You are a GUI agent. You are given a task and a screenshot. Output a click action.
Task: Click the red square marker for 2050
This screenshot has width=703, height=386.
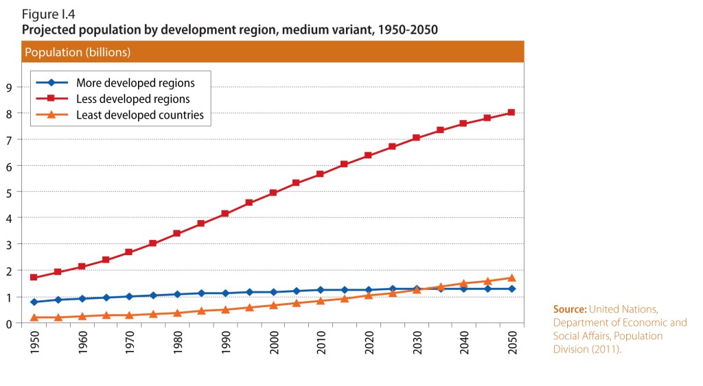coord(511,112)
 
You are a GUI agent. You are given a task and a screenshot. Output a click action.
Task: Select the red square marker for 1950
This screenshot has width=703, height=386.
coord(34,277)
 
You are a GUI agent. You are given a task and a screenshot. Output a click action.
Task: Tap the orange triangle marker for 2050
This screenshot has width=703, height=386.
coord(511,278)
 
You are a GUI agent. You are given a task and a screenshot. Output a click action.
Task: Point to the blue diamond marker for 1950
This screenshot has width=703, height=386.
coord(34,302)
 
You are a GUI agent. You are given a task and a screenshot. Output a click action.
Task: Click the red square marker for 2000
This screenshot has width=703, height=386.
coord(273,193)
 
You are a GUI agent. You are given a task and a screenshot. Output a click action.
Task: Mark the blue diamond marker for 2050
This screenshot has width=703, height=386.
coord(511,289)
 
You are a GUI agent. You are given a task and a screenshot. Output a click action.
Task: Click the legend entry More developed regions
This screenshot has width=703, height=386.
coord(135,83)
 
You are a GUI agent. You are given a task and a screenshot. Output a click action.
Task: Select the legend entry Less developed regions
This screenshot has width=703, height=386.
coord(132,99)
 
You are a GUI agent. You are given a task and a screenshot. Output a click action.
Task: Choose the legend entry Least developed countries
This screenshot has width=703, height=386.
coord(139,114)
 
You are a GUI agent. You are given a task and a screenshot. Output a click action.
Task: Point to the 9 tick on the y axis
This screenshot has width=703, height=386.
coord(10,87)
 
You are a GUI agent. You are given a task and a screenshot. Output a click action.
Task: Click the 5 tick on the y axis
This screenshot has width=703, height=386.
coord(10,192)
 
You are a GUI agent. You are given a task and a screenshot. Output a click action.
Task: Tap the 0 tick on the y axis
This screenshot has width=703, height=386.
coord(10,323)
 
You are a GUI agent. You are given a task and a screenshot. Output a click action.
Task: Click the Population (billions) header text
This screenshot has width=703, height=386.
coord(78,52)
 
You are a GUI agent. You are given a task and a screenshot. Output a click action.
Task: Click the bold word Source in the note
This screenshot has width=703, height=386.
coord(569,310)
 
